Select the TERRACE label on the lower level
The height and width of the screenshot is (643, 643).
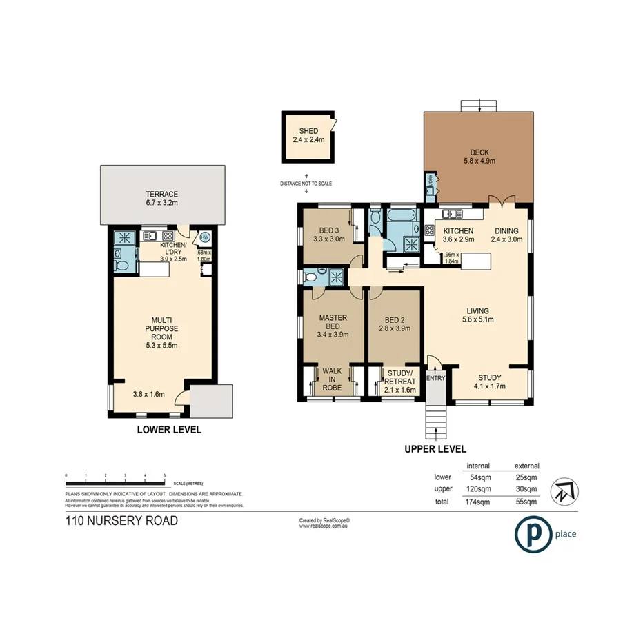point(161,198)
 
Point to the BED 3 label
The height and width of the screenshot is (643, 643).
point(330,235)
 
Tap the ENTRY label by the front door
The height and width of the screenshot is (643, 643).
point(436,378)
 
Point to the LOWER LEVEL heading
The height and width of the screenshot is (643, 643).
point(169,429)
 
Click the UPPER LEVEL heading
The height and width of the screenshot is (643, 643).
point(435,448)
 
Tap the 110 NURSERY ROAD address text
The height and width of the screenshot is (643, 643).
point(121,521)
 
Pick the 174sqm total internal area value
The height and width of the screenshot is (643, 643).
point(479,502)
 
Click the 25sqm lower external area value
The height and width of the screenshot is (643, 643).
point(526,477)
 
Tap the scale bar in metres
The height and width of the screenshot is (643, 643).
point(115,477)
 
